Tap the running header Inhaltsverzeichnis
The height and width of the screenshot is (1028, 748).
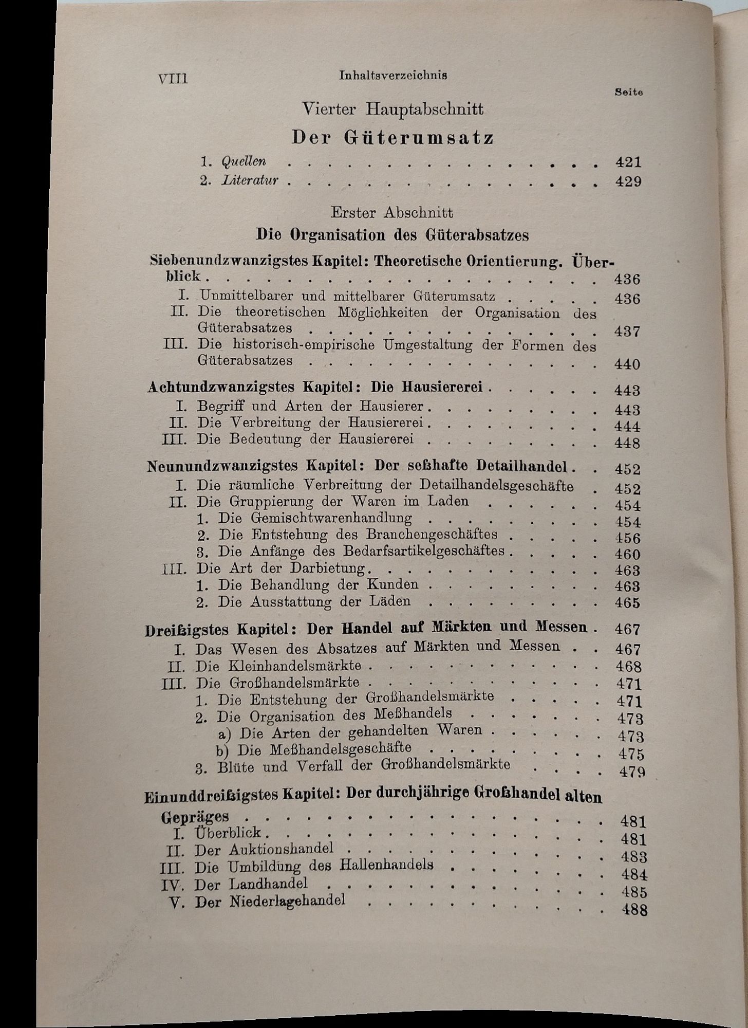(x=393, y=75)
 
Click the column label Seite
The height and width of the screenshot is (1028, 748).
(x=629, y=93)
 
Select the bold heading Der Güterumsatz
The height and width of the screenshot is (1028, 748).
(x=393, y=138)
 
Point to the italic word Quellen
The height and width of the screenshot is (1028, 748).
(x=244, y=161)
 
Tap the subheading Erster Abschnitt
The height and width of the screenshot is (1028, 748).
(x=392, y=212)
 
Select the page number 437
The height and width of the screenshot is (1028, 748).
(x=627, y=331)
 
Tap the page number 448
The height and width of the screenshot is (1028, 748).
(x=627, y=443)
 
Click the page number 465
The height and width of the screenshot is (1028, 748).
(x=627, y=602)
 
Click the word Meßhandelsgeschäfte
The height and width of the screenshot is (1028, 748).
(x=324, y=748)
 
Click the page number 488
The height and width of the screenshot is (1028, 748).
(x=634, y=909)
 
